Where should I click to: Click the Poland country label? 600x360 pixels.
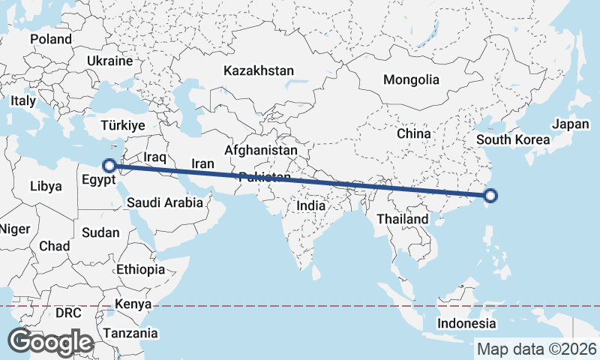[50, 39]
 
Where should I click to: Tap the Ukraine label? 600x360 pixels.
[109, 61]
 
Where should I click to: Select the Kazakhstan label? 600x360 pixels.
[258, 70]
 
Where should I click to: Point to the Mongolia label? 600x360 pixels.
[410, 79]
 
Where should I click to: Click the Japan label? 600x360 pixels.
[571, 124]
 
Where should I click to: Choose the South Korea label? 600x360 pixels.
[513, 139]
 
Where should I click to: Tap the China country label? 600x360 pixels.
[414, 133]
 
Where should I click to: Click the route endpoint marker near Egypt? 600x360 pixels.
[109, 165]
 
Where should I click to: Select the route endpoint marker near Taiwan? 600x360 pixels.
[490, 196]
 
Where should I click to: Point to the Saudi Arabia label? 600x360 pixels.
[165, 202]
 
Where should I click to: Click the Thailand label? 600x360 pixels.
[403, 219]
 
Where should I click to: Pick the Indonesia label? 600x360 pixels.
[467, 324]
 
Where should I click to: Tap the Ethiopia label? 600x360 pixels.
[140, 269]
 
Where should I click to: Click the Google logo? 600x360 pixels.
[50, 342]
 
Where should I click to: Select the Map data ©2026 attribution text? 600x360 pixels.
[537, 349]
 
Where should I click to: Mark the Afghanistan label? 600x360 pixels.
[260, 150]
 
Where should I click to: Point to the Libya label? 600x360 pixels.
[47, 186]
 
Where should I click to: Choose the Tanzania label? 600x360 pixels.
[130, 333]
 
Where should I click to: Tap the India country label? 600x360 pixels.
[310, 205]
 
